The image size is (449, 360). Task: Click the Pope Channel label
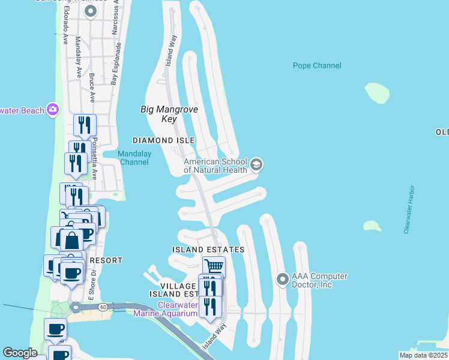[x=317, y=65]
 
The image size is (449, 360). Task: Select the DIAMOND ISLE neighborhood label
[x=164, y=140]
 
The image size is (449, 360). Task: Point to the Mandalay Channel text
[x=134, y=158]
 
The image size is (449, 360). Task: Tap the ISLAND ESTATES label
[x=208, y=249]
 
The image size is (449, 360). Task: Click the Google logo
[x=20, y=353]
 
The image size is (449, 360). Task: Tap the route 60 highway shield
[x=103, y=307]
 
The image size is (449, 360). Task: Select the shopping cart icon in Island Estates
[x=213, y=265]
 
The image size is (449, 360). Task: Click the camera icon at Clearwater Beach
[x=53, y=109]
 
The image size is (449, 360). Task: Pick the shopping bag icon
[x=71, y=240]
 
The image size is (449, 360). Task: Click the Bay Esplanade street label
[x=115, y=63]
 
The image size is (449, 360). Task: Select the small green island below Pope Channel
[x=377, y=92]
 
